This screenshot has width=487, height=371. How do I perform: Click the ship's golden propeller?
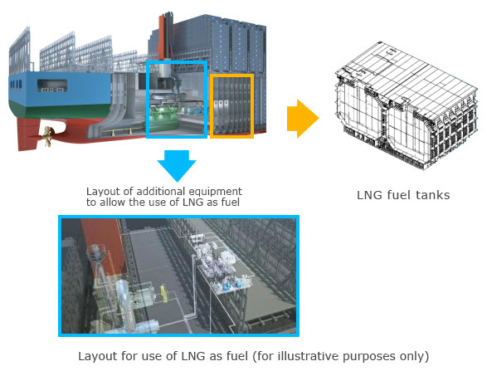coord(47,136)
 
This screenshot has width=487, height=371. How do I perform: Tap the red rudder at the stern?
coord(28,134)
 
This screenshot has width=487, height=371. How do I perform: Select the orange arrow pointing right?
coord(303,119)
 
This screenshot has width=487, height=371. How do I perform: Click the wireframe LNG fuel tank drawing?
coord(406,105)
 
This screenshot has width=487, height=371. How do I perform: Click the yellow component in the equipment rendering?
coord(163,293)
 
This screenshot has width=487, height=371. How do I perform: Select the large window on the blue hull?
coord(52,85)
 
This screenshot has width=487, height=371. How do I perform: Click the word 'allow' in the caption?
coord(113,203)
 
